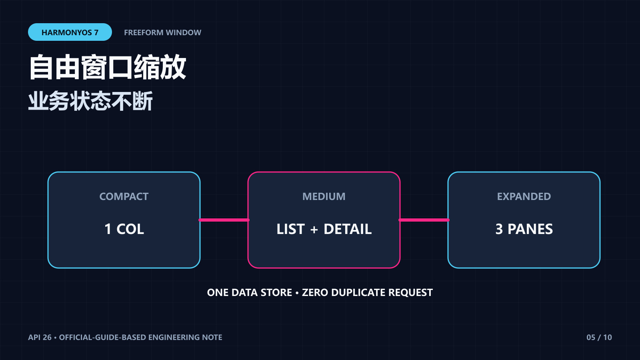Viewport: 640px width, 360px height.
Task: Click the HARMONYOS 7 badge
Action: click(x=70, y=32)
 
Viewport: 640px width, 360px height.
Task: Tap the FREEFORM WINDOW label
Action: click(x=162, y=32)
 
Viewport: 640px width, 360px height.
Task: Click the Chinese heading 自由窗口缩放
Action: click(x=108, y=67)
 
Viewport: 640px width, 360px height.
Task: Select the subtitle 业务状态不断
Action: click(x=90, y=101)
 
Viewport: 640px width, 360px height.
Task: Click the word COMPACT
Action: click(x=124, y=196)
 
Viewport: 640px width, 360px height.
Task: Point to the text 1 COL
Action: click(x=124, y=229)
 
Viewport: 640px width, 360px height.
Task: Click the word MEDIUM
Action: click(x=324, y=196)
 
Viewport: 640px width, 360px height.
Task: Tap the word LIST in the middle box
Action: click(x=290, y=229)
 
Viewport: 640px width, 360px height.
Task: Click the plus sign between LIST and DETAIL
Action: click(x=314, y=230)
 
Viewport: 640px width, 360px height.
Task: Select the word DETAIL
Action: click(x=348, y=229)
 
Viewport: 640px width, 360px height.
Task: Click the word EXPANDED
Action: click(x=524, y=196)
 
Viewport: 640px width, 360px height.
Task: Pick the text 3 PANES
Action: click(x=524, y=229)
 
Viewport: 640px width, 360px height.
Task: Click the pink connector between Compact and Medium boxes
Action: click(x=224, y=220)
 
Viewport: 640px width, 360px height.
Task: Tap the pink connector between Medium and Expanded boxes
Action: click(x=424, y=220)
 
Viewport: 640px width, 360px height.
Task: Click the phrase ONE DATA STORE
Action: click(x=250, y=292)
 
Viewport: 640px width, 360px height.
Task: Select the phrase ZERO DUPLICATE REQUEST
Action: click(x=368, y=292)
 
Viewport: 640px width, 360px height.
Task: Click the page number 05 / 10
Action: click(x=599, y=338)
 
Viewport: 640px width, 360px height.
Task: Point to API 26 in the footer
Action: click(x=40, y=338)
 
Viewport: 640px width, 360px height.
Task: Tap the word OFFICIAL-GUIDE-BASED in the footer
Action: click(x=102, y=338)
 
